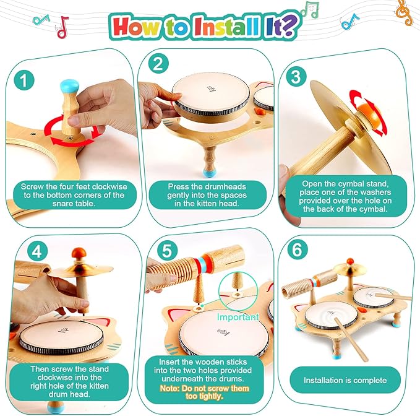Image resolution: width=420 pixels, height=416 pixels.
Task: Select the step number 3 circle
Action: [296, 77]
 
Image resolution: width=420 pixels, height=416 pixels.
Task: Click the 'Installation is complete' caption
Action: [349, 379]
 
